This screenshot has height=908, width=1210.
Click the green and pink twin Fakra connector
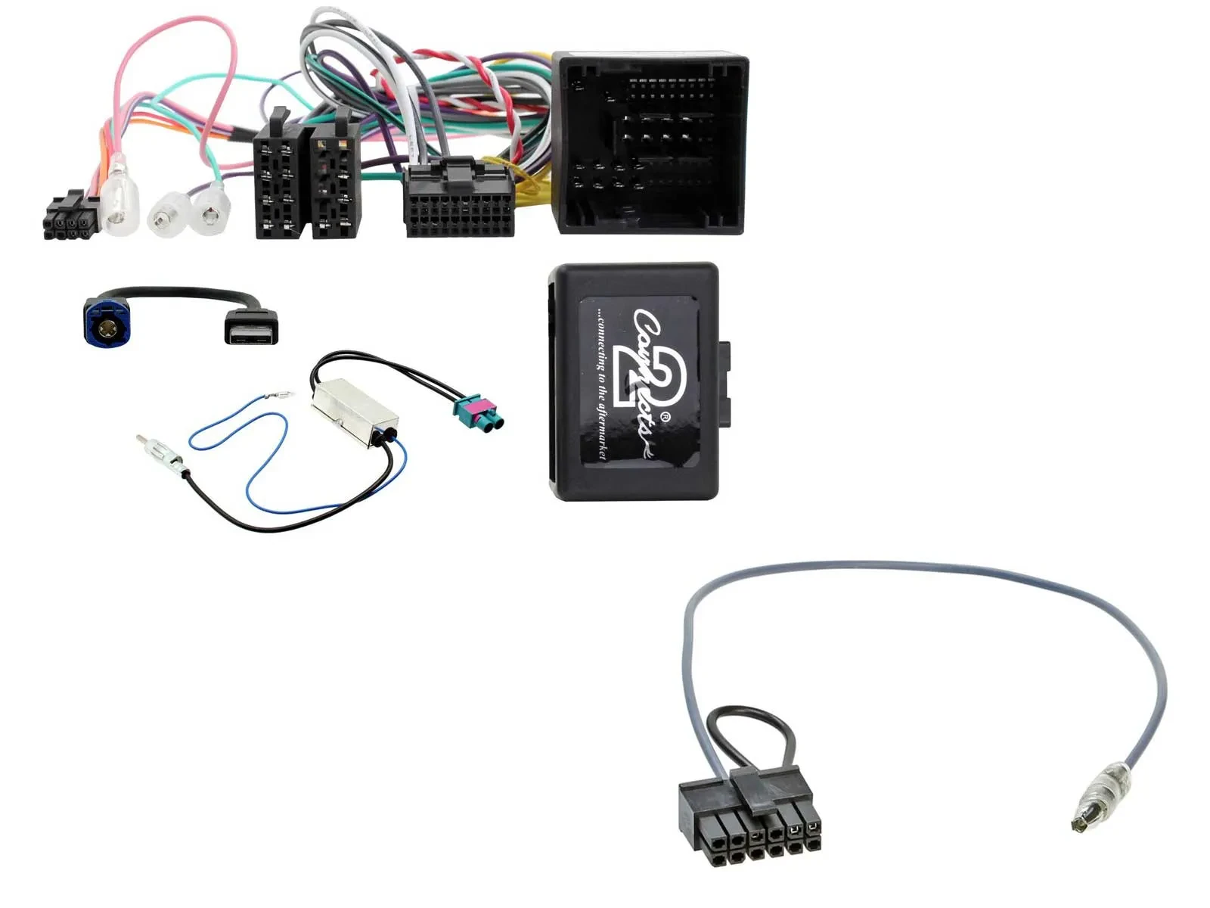(479, 413)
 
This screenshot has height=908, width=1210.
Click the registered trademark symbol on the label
(665, 417)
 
